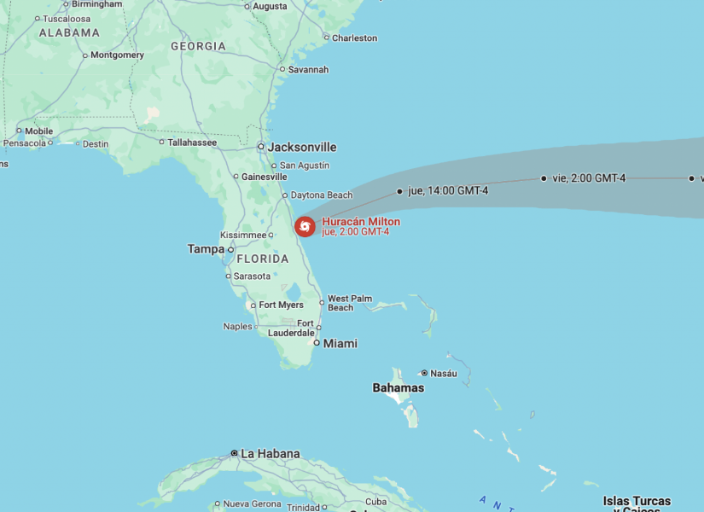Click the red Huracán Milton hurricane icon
tap(305, 226)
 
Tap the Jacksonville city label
tap(302, 147)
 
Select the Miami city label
tap(340, 343)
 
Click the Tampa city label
tap(206, 249)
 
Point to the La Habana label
tap(270, 454)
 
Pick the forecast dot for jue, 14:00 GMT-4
tap(399, 191)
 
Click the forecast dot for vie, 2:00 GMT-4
tap(544, 178)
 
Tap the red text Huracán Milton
tap(361, 222)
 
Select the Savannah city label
tap(308, 70)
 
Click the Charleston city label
tap(354, 38)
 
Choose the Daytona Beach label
tap(322, 195)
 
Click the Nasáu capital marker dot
tap(424, 373)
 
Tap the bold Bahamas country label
tap(399, 388)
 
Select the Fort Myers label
tap(282, 305)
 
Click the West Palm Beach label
tap(350, 302)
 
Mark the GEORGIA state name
tap(198, 46)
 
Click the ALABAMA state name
tap(69, 32)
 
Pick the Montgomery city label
tap(117, 55)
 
